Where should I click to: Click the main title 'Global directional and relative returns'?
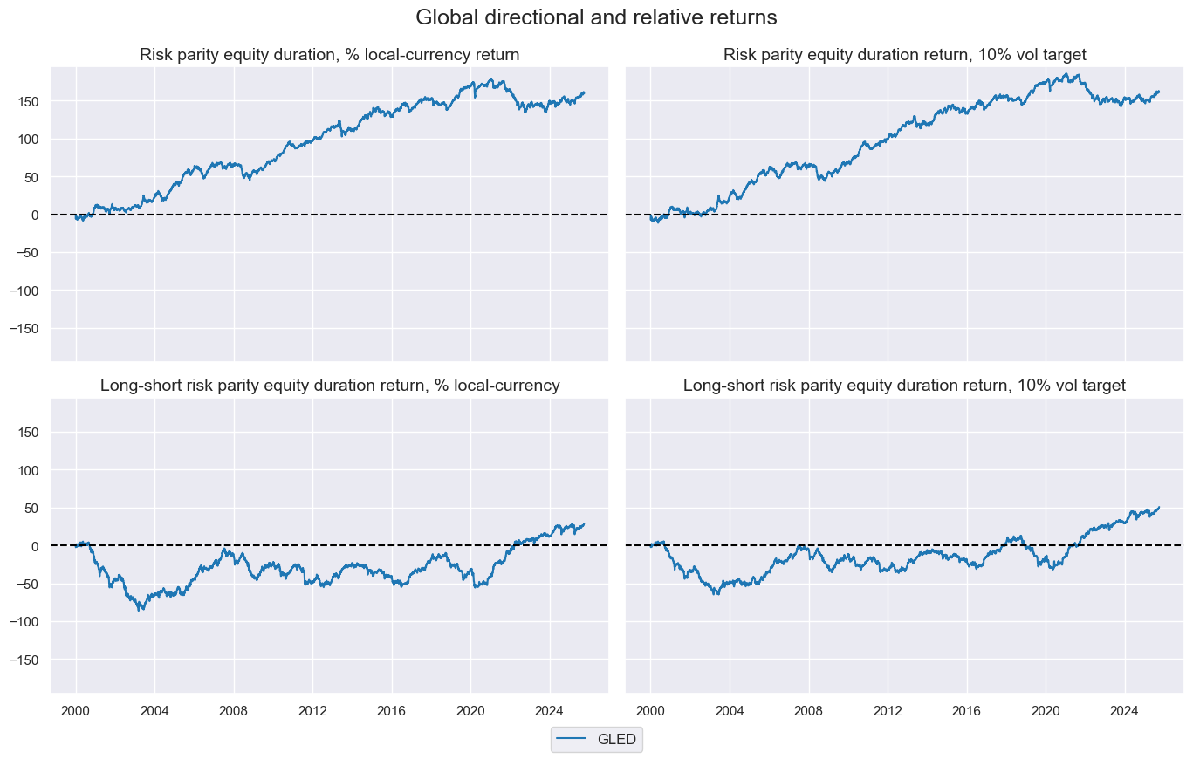pos(596,17)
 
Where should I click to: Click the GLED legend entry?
pos(597,740)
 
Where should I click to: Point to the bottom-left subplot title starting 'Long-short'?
pos(330,385)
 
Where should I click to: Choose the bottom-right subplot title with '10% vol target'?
pos(904,385)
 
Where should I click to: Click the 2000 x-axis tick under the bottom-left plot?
pos(76,709)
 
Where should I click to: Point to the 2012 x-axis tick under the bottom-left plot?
pos(312,709)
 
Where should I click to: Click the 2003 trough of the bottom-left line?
pos(140,610)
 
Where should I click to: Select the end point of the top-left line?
pos(584,92)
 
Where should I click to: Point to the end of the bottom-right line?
pos(1159,507)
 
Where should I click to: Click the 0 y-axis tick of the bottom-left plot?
pos(40,546)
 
